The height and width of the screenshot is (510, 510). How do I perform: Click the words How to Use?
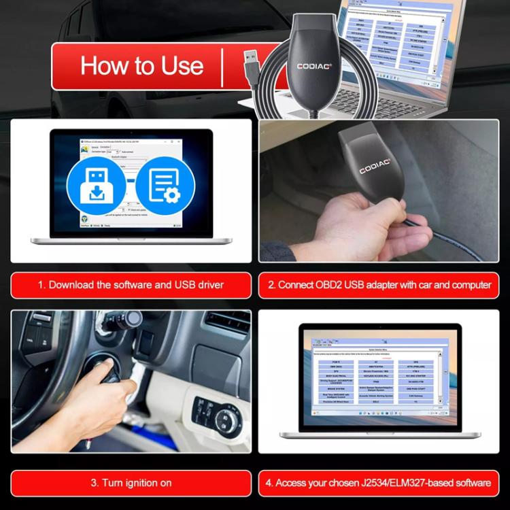click(x=141, y=66)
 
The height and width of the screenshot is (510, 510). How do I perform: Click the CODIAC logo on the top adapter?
click(x=313, y=66)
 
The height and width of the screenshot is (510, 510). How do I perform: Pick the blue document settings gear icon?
click(x=164, y=185)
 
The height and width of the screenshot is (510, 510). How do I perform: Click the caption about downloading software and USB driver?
click(x=130, y=285)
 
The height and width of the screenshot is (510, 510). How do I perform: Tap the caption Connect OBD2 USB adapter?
click(x=378, y=285)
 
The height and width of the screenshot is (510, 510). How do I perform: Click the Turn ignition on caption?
click(x=131, y=483)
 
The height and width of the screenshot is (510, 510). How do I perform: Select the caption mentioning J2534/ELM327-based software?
click(x=378, y=483)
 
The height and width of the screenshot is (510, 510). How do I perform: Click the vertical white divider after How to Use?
click(x=222, y=67)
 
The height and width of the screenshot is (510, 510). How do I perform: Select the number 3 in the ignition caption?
click(x=94, y=483)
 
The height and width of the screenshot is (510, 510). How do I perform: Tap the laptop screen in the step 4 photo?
click(x=378, y=377)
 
